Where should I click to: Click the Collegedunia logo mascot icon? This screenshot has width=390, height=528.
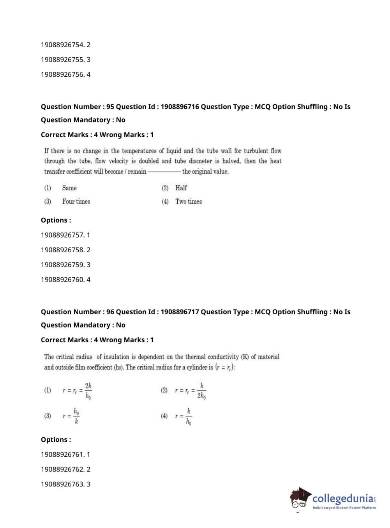(x=300, y=499)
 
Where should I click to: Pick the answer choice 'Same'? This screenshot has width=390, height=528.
(x=69, y=188)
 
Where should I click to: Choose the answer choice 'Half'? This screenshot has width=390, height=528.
(x=181, y=188)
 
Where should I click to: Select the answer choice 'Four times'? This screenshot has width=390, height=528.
(x=76, y=202)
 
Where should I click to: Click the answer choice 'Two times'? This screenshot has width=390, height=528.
(x=189, y=202)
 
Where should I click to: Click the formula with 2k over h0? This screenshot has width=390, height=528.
(x=78, y=391)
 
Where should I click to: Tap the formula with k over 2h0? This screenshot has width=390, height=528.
(x=191, y=391)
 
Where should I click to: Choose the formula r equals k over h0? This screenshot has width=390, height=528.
(x=184, y=416)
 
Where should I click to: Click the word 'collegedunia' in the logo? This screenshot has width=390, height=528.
(x=343, y=498)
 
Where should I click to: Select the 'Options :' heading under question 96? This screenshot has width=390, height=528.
(x=56, y=440)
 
